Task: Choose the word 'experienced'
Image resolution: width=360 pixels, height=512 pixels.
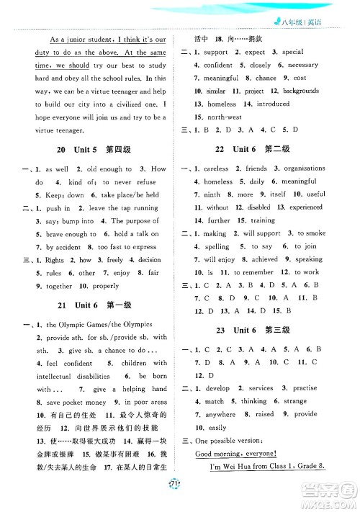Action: (306, 207)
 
